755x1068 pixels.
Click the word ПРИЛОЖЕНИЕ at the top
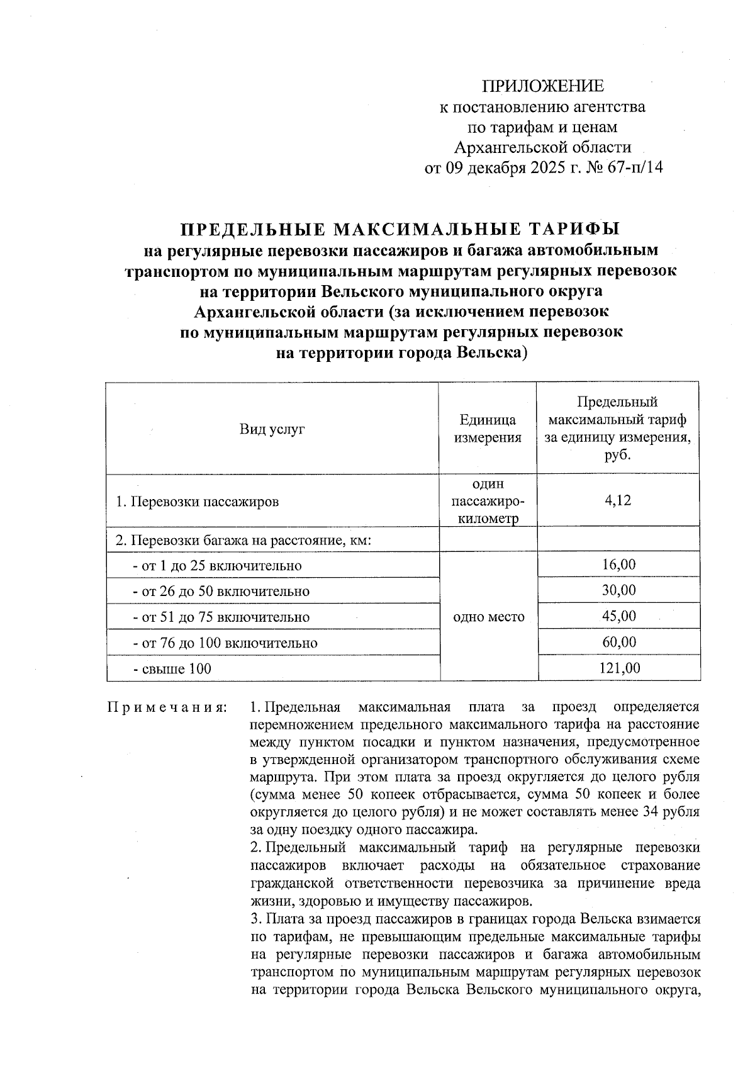(542, 86)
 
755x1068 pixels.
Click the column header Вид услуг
(272, 430)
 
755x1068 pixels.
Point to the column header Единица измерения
(488, 429)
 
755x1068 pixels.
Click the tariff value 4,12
(618, 500)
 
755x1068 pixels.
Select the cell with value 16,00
(618, 564)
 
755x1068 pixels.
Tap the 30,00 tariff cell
(618, 590)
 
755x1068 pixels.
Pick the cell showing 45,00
(618, 616)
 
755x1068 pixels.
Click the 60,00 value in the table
(618, 642)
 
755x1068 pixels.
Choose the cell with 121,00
(618, 668)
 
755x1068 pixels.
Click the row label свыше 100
(172, 668)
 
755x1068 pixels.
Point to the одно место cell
(488, 617)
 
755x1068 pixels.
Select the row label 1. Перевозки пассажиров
(198, 502)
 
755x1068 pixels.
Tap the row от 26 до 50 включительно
(221, 592)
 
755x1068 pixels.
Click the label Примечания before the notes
(167, 707)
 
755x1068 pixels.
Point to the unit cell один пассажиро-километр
(488, 501)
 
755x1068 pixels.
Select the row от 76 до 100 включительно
(225, 643)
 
